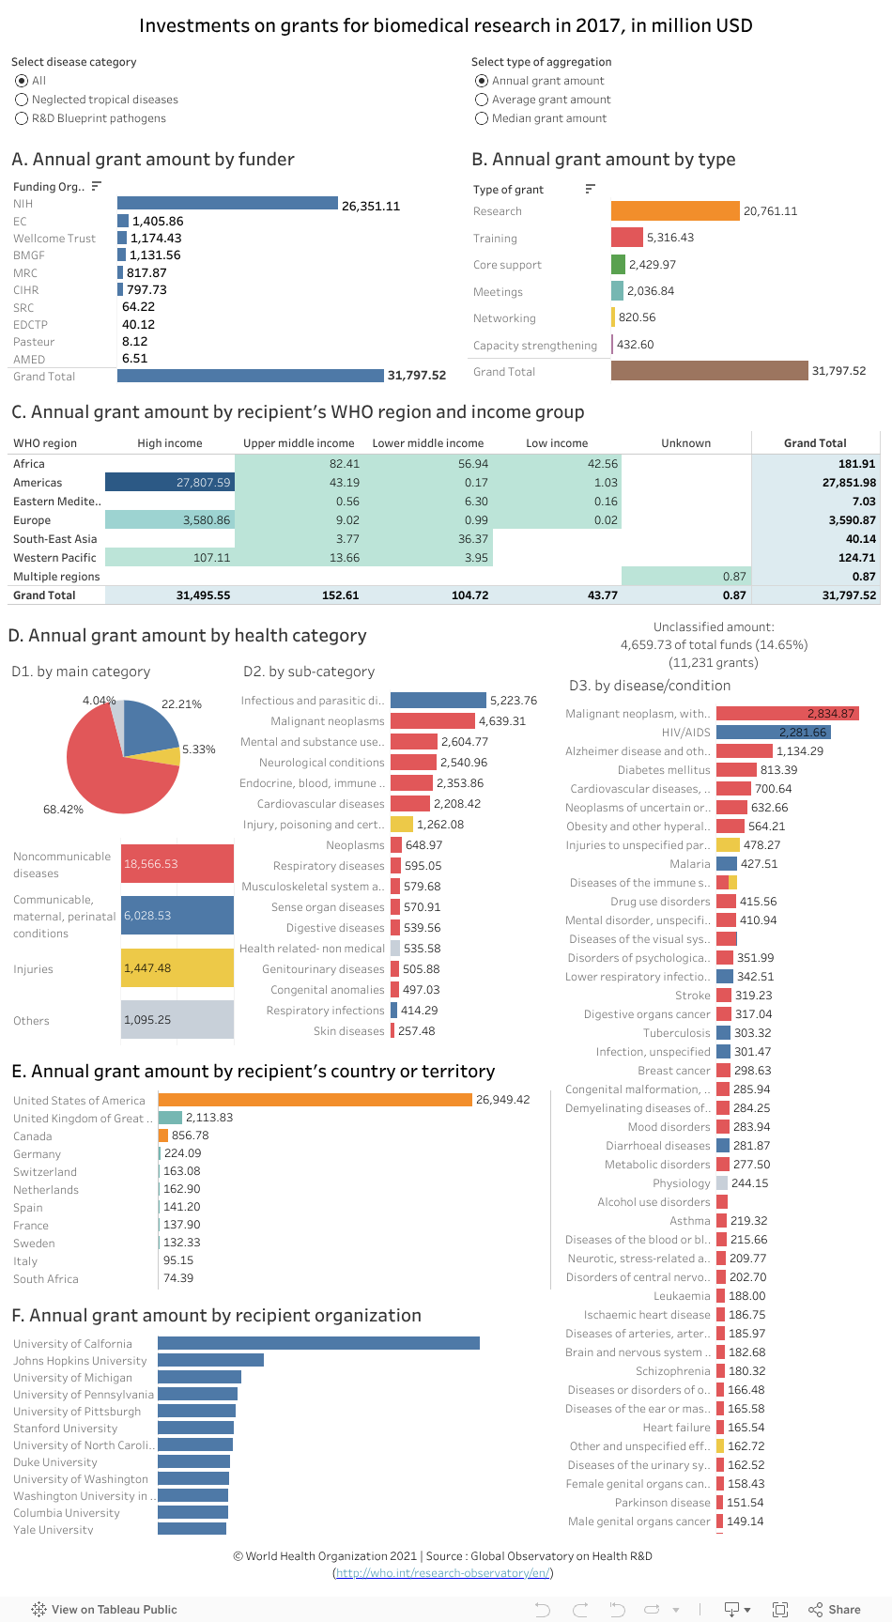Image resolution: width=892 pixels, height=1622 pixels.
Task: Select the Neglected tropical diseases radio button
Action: pyautogui.click(x=22, y=100)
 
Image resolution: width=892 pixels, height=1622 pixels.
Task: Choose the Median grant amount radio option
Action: pyautogui.click(x=482, y=118)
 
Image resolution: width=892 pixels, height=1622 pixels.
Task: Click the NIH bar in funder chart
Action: pyautogui.click(x=227, y=203)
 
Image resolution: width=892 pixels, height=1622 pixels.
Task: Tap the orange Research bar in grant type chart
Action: pyautogui.click(x=675, y=211)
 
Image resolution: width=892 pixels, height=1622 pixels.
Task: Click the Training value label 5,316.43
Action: pyautogui.click(x=670, y=238)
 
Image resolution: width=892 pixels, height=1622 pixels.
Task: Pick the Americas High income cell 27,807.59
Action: pyautogui.click(x=170, y=483)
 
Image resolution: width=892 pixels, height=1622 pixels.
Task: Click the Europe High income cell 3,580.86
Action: pyautogui.click(x=170, y=520)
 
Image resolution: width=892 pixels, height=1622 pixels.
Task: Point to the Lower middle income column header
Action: pyautogui.click(x=428, y=443)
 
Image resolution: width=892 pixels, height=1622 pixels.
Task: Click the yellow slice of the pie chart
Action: pyautogui.click(x=167, y=756)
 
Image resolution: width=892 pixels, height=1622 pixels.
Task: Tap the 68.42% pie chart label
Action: pyautogui.click(x=63, y=809)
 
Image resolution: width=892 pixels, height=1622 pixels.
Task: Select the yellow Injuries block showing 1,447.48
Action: pyautogui.click(x=177, y=968)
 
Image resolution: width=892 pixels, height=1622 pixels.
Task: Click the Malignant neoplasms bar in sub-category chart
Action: pyautogui.click(x=433, y=721)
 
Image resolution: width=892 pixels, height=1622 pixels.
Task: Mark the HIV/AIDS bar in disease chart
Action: pyautogui.click(x=774, y=733)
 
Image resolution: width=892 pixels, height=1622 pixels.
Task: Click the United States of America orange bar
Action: pyautogui.click(x=315, y=1100)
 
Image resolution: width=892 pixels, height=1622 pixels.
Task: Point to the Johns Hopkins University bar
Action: pyautogui.click(x=210, y=1360)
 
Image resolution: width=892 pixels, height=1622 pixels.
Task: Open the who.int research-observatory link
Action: pyautogui.click(x=443, y=1573)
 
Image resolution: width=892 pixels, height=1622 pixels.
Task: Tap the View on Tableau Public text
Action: pyautogui.click(x=114, y=1610)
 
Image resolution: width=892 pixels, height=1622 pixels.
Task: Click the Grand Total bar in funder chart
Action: pyautogui.click(x=251, y=376)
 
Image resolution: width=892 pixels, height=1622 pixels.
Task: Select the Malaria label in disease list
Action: pyautogui.click(x=690, y=864)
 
